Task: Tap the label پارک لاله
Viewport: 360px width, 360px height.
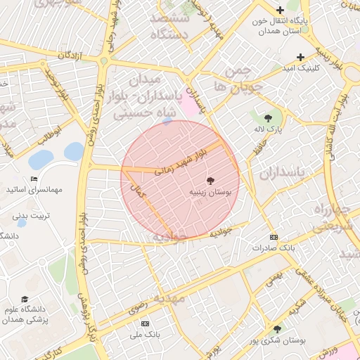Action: click(x=267, y=130)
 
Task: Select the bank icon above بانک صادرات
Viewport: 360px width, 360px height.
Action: click(x=274, y=237)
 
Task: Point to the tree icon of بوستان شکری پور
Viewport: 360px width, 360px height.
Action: click(x=277, y=329)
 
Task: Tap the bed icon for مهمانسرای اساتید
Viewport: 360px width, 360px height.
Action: click(x=34, y=179)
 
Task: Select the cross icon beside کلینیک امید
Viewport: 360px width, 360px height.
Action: click(x=301, y=57)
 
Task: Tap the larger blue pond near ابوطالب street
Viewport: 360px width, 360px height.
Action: click(x=73, y=151)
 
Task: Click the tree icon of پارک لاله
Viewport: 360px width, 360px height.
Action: click(x=267, y=117)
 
